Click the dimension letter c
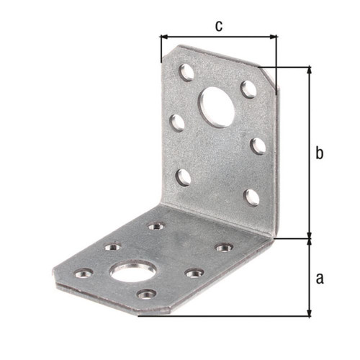coord(219,26)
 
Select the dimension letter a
coord(320,279)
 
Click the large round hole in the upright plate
coord(216,107)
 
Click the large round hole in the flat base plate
coord(132,271)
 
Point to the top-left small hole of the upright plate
coord(186,73)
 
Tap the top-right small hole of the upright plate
coord(248,89)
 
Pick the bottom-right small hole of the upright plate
coord(252,197)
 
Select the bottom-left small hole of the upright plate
coord(184,178)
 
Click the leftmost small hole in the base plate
coord(84,274)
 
